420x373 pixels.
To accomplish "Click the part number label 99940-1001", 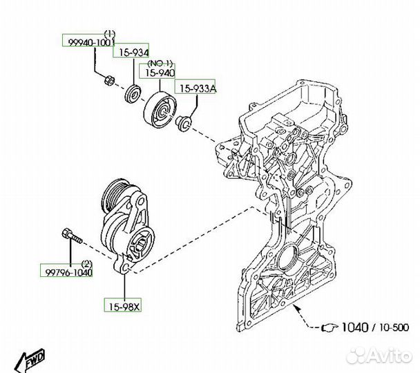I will point(88,42).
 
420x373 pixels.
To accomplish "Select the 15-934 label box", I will point(131,52).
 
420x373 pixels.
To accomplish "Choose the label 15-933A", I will point(199,88).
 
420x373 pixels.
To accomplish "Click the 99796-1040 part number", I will point(66,271).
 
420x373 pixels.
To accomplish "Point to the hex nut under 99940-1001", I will point(107,82).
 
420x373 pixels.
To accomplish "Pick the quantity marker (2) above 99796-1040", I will point(86,263).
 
